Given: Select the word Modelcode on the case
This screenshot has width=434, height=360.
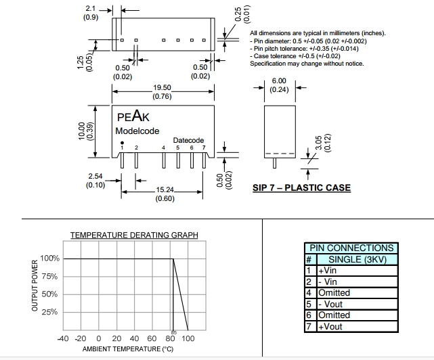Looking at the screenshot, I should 137,131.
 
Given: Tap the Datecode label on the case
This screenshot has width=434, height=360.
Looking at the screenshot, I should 188,140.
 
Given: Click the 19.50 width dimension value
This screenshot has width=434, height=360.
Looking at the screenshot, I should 162,88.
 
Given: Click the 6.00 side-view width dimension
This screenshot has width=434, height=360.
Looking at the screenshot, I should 278,81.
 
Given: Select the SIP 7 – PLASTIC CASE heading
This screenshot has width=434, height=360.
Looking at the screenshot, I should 301,187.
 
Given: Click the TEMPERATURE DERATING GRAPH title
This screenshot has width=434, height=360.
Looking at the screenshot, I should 134,235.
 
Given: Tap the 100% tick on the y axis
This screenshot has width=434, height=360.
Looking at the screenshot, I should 50,258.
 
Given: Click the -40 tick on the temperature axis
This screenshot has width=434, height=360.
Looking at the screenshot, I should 64,338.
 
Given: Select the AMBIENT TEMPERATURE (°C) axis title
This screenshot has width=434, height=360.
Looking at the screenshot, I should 128,349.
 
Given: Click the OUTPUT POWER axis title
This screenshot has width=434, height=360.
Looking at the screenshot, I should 35,286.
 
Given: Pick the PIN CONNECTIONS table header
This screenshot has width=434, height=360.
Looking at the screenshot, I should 351,248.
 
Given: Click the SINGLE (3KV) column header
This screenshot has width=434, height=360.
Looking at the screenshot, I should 356,259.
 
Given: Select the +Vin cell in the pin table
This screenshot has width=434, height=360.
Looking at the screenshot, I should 327,271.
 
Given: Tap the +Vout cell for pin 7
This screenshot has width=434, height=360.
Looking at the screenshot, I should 330,326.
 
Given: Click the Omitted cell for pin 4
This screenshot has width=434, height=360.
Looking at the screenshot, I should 334,293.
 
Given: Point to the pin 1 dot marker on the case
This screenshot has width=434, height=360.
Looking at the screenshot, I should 122,142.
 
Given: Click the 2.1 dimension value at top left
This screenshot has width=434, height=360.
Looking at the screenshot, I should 90,9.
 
